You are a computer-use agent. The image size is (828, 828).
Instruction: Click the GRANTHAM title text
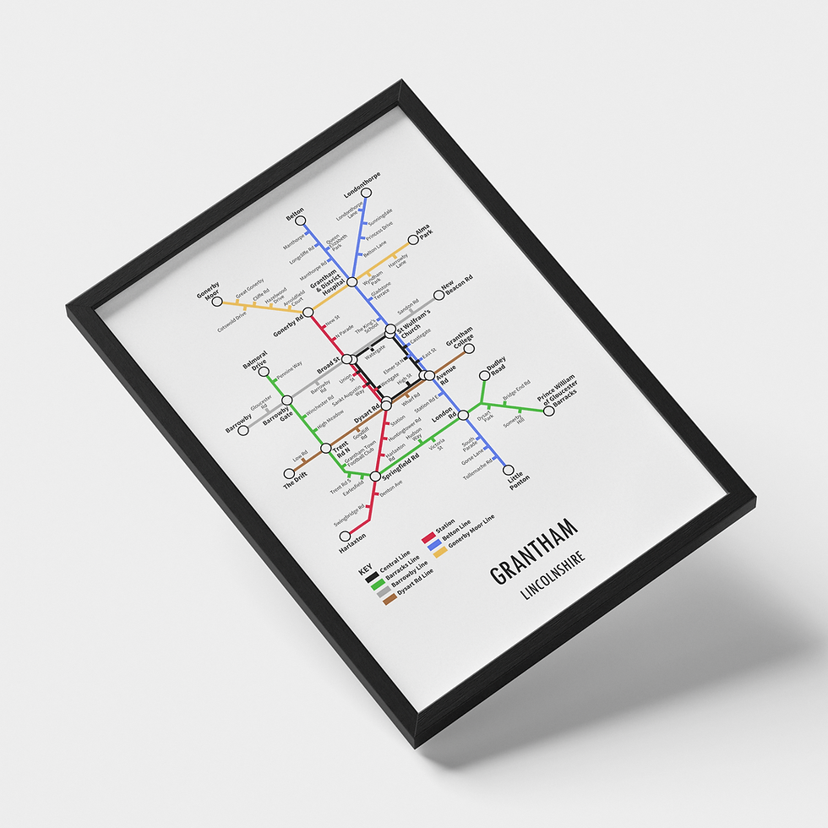point(534,554)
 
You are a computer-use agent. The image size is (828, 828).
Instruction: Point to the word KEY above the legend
point(365,570)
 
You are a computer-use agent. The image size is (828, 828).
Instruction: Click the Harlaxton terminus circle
point(345,536)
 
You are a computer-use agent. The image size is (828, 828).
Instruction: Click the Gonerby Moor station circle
point(217,301)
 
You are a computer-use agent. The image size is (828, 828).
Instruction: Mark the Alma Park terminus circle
point(414,238)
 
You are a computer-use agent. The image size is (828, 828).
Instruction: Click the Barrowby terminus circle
point(243,429)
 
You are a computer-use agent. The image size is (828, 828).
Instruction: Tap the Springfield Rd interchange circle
point(375,477)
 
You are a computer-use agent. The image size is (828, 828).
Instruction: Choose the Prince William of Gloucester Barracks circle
point(548,411)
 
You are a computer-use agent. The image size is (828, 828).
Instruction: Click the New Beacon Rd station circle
point(439,295)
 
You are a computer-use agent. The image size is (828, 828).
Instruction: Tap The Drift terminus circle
point(288,473)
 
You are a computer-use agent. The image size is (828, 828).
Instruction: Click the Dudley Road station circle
point(484,375)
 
